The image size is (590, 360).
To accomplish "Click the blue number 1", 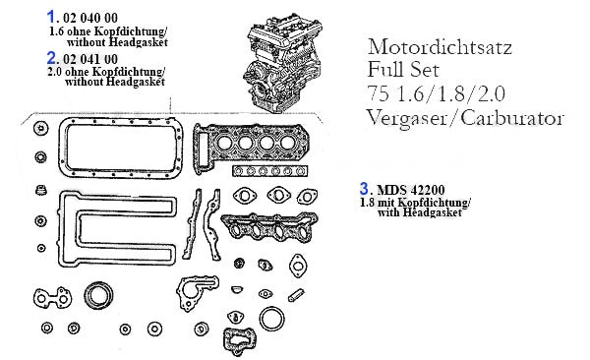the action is [51, 17].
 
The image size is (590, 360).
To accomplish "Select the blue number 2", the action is [51, 58].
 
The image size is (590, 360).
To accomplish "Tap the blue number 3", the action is [364, 188].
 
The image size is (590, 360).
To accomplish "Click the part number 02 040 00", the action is [90, 18].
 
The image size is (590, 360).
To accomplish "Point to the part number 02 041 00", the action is [90, 59].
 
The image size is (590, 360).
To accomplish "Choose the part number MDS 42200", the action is [411, 190].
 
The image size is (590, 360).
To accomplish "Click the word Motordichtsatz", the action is [440, 47].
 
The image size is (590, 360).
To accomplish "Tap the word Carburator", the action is [512, 118].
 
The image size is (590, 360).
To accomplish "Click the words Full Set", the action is [403, 70].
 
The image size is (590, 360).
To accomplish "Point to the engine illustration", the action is [283, 63].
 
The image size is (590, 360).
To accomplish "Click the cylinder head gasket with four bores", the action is [249, 148].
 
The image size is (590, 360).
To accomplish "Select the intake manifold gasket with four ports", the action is [269, 226].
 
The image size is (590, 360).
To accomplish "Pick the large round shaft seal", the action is [98, 296].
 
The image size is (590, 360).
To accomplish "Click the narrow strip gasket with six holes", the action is [270, 171].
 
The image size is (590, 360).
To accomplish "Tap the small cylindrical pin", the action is [296, 295].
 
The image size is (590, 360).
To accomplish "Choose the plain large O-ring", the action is [271, 319].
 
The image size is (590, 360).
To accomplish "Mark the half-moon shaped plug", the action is [237, 289].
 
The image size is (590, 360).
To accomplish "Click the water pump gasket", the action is [197, 292].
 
